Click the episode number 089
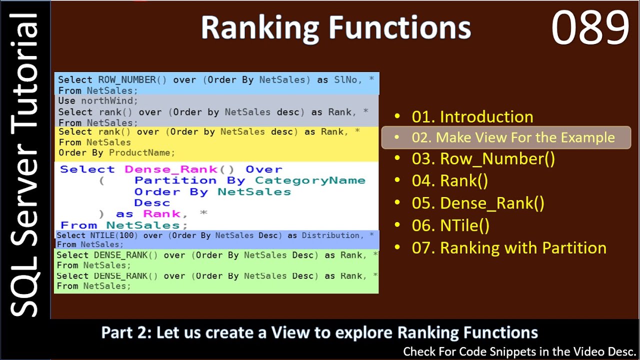pyautogui.click(x=590, y=28)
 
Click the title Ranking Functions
pyautogui.click(x=335, y=28)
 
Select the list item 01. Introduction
pyautogui.click(x=472, y=117)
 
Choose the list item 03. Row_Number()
pyautogui.click(x=483, y=159)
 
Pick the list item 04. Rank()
pyautogui.click(x=449, y=181)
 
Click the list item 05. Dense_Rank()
pyautogui.click(x=478, y=203)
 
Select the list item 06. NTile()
pyautogui.click(x=450, y=225)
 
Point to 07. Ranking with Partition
pyautogui.click(x=508, y=248)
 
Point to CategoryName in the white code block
pyautogui.click(x=310, y=180)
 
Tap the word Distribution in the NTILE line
pyautogui.click(x=330, y=235)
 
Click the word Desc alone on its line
pyautogui.click(x=152, y=203)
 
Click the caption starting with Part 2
pyautogui.click(x=319, y=332)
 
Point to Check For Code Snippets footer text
pyautogui.click(x=519, y=352)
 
